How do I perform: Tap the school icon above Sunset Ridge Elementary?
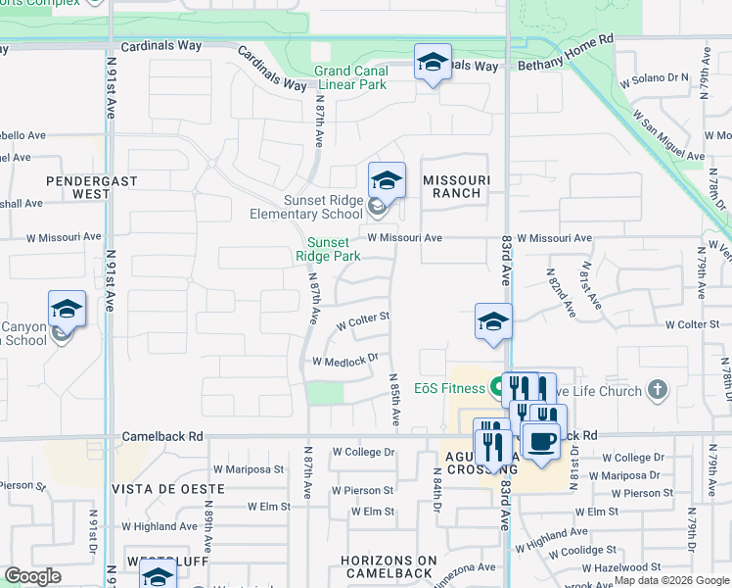point(387,181)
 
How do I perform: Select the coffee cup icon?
point(541,441)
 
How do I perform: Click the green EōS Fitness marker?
point(496,385)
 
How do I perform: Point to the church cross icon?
point(658,390)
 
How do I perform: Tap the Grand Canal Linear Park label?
point(350,77)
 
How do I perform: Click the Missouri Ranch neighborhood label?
point(456,186)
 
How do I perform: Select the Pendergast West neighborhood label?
point(77,187)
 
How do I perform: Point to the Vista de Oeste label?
point(160,488)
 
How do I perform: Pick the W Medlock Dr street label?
point(344,361)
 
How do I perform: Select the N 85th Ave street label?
point(394,399)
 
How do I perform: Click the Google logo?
point(32,576)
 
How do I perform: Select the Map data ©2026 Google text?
point(670,580)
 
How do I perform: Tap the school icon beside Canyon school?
point(67,310)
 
